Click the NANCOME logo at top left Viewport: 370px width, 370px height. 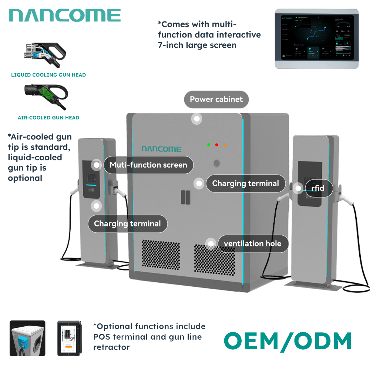[65, 16]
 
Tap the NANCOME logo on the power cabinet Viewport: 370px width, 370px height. [161, 149]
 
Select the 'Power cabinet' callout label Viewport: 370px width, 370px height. [216, 100]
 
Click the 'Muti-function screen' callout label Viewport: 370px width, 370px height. [148, 165]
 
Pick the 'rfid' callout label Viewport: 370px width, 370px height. [317, 188]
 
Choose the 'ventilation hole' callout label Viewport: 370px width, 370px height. [252, 244]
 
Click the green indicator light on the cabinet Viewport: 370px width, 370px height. [209, 145]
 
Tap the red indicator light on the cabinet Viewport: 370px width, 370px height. [217, 145]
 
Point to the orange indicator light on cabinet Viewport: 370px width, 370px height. [225, 145]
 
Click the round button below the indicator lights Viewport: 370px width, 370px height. [217, 163]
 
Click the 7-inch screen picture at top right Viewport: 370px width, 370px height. [316, 38]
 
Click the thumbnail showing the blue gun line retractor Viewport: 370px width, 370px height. [27, 338]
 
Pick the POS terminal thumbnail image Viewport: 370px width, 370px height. [68, 338]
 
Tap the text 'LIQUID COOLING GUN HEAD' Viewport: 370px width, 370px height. [48, 75]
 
